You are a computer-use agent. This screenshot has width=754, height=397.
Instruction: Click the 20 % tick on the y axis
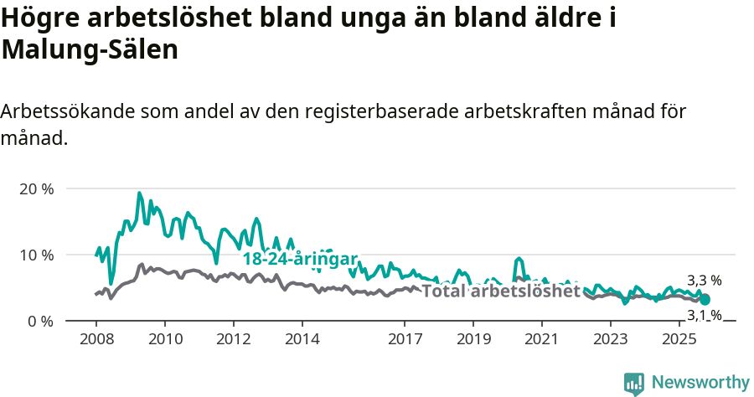point(36,188)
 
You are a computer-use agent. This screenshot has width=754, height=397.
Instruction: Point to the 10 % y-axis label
point(36,255)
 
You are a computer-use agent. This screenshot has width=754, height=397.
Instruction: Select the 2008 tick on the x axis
point(96,339)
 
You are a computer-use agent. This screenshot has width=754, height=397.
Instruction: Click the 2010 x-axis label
point(164,339)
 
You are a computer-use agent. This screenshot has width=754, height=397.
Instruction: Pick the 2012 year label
point(233,339)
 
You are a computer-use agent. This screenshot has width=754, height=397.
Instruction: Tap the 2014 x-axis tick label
point(302,339)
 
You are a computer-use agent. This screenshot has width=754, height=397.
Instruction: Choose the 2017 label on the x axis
point(405,339)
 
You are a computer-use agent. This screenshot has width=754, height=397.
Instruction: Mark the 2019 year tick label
point(473,339)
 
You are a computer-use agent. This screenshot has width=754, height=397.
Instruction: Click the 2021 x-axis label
point(542,339)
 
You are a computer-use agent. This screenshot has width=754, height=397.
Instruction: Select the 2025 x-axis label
point(679,339)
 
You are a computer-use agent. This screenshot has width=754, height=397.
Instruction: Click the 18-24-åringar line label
point(300,259)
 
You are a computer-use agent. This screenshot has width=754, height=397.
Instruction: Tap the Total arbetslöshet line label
point(500,291)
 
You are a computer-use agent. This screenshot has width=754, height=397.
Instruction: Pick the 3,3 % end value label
point(704,281)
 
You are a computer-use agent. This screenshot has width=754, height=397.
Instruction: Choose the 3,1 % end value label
point(704,316)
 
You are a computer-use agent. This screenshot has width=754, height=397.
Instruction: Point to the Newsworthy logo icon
point(634,384)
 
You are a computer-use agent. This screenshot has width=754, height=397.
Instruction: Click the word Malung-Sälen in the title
point(90,49)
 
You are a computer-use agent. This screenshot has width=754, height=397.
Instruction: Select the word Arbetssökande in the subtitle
point(67,111)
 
